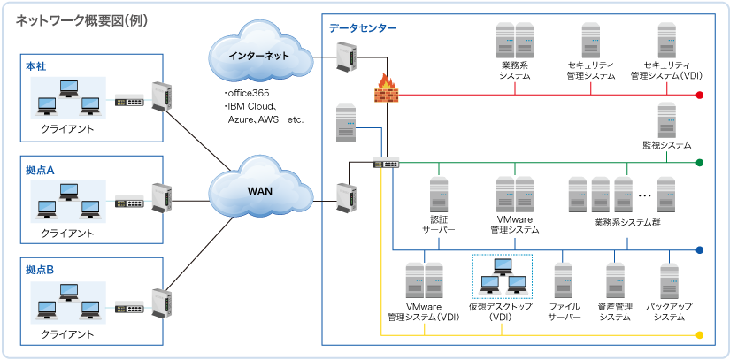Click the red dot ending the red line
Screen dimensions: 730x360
[699, 96]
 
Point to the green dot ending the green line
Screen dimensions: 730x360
[699, 163]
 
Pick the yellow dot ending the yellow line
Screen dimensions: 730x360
[699, 335]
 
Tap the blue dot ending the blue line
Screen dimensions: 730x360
[699, 250]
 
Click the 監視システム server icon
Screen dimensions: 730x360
[666, 120]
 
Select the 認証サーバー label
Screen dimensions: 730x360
[438, 224]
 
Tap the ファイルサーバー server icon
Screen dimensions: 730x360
[564, 280]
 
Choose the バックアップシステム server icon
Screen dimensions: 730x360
[670, 280]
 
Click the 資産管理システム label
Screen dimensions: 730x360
[615, 312]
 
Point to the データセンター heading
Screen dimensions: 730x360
[363, 28]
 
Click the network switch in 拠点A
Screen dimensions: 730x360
[129, 203]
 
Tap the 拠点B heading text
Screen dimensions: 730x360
[40, 270]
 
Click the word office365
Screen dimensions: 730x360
[248, 93]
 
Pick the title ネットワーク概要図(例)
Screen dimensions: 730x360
[81, 21]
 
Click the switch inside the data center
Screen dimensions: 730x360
[387, 163]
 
